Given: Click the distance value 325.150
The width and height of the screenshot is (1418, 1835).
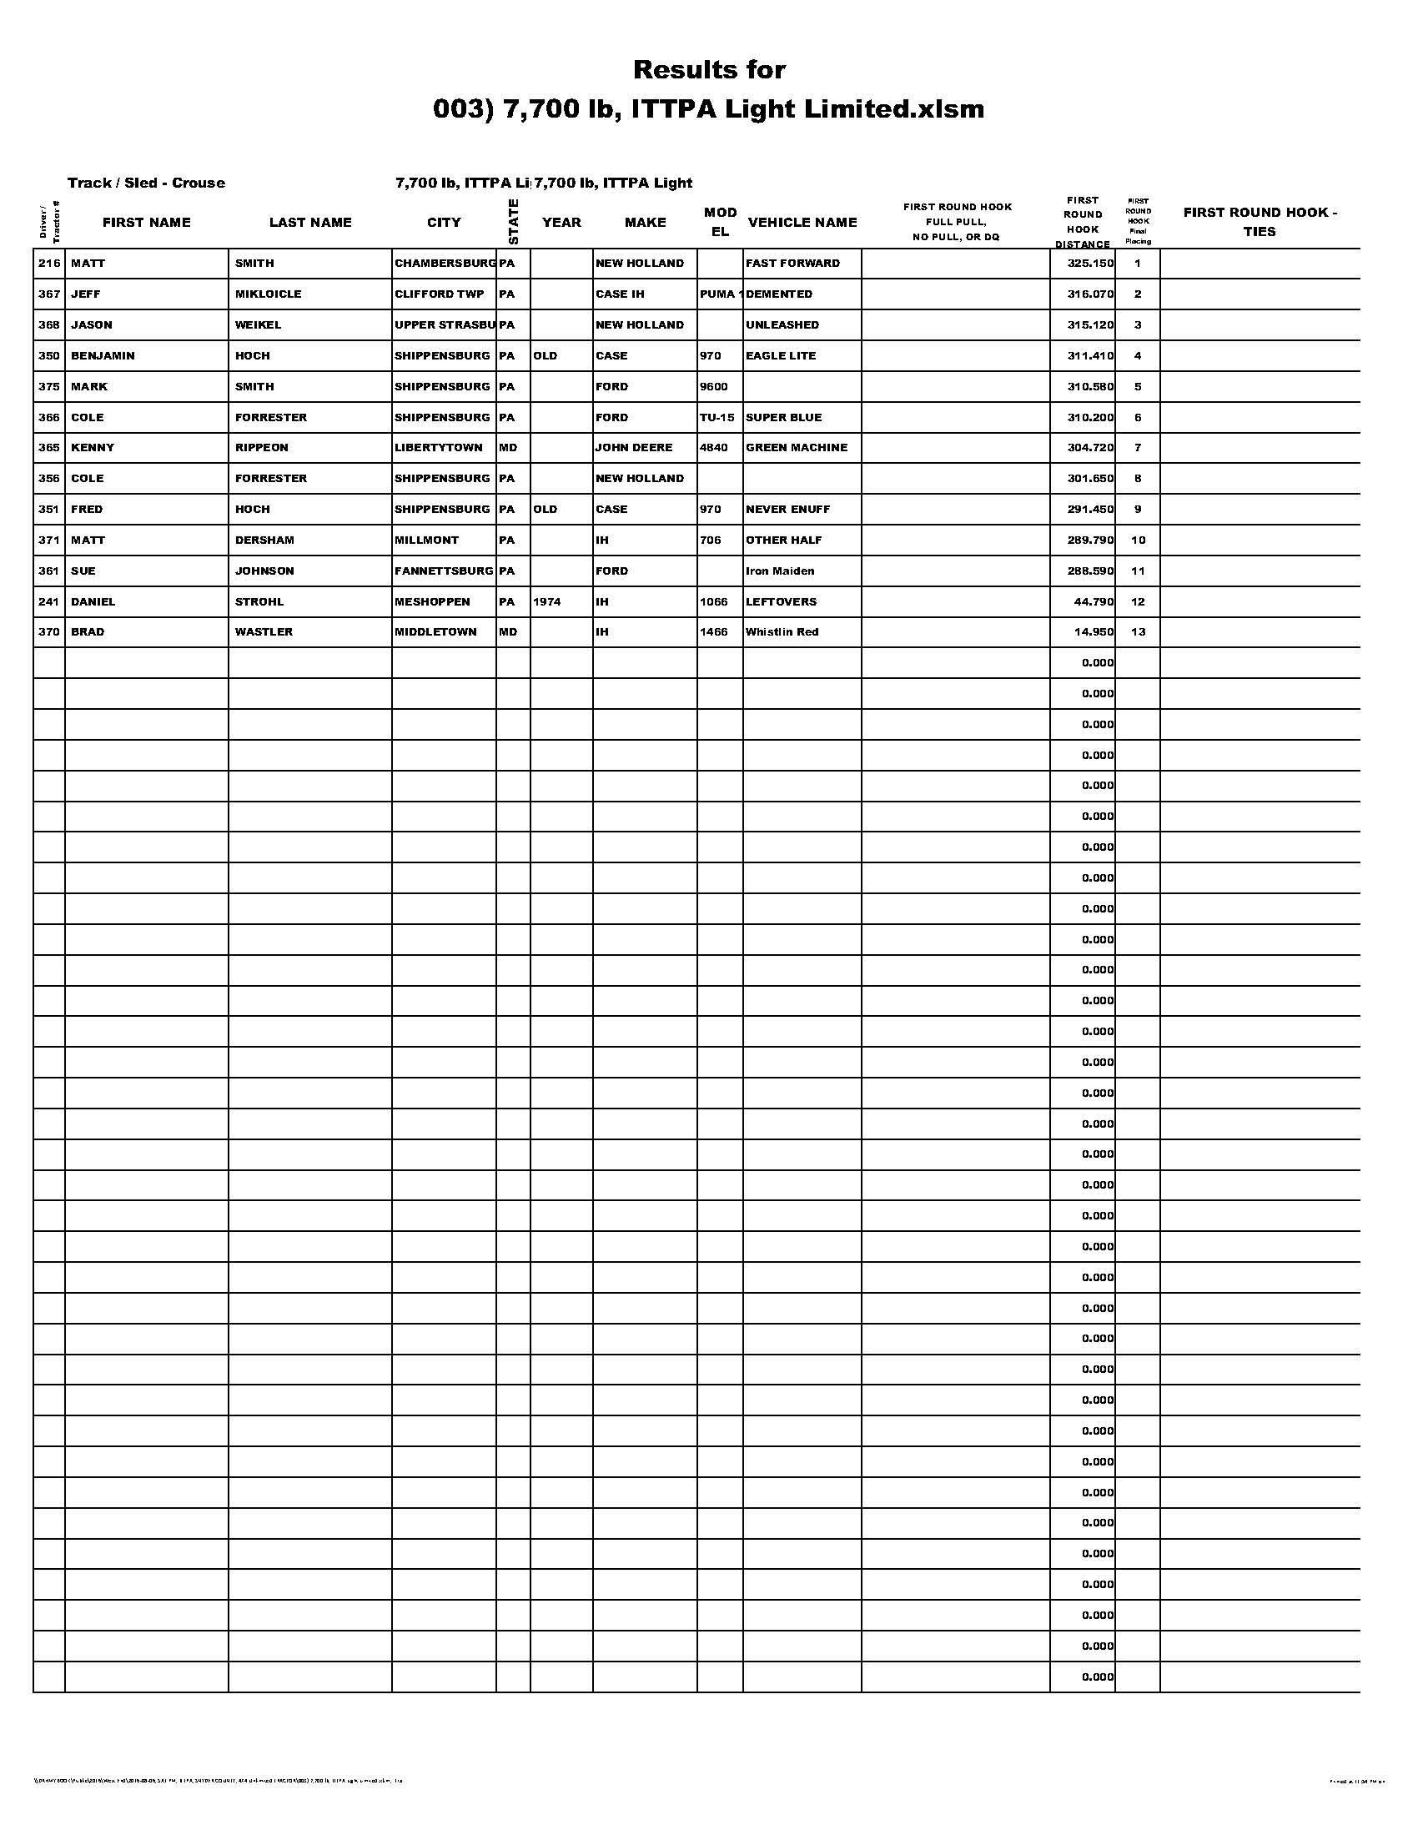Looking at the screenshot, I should pos(1089,263).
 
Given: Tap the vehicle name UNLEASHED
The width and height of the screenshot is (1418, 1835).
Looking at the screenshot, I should pos(782,324).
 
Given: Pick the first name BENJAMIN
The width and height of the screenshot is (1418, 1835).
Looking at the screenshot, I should pos(103,355).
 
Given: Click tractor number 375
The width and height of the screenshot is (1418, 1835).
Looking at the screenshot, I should pos(48,386).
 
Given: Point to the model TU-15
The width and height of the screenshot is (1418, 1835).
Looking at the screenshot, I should pos(717,418).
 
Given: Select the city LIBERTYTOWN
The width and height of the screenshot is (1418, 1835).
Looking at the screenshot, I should pos(439,447).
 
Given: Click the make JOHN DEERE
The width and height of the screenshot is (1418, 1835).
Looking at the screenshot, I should pos(633,447).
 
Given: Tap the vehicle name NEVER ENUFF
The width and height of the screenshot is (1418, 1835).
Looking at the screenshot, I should pos(787,509).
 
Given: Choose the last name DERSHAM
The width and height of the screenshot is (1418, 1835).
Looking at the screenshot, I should pos(264,540).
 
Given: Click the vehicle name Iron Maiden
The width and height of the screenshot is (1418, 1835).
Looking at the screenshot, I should pos(780,571).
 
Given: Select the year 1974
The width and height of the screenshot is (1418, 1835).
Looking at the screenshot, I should pos(547,601).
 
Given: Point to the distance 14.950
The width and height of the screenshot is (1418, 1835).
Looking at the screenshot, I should pos(1093,632).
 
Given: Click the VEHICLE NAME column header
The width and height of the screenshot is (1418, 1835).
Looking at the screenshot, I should pos(802,222).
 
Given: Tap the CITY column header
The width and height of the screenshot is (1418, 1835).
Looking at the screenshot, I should pos(444,222).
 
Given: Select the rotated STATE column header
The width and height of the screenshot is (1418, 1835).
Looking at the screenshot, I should pos(513,222).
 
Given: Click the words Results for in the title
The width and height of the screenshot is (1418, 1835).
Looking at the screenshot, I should pos(709,69).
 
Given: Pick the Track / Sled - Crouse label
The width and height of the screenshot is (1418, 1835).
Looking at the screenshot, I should pos(146,183).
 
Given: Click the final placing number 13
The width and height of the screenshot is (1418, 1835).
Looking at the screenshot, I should pos(1138,632).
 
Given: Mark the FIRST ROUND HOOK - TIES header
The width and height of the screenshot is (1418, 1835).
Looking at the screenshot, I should pos(1260,222).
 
